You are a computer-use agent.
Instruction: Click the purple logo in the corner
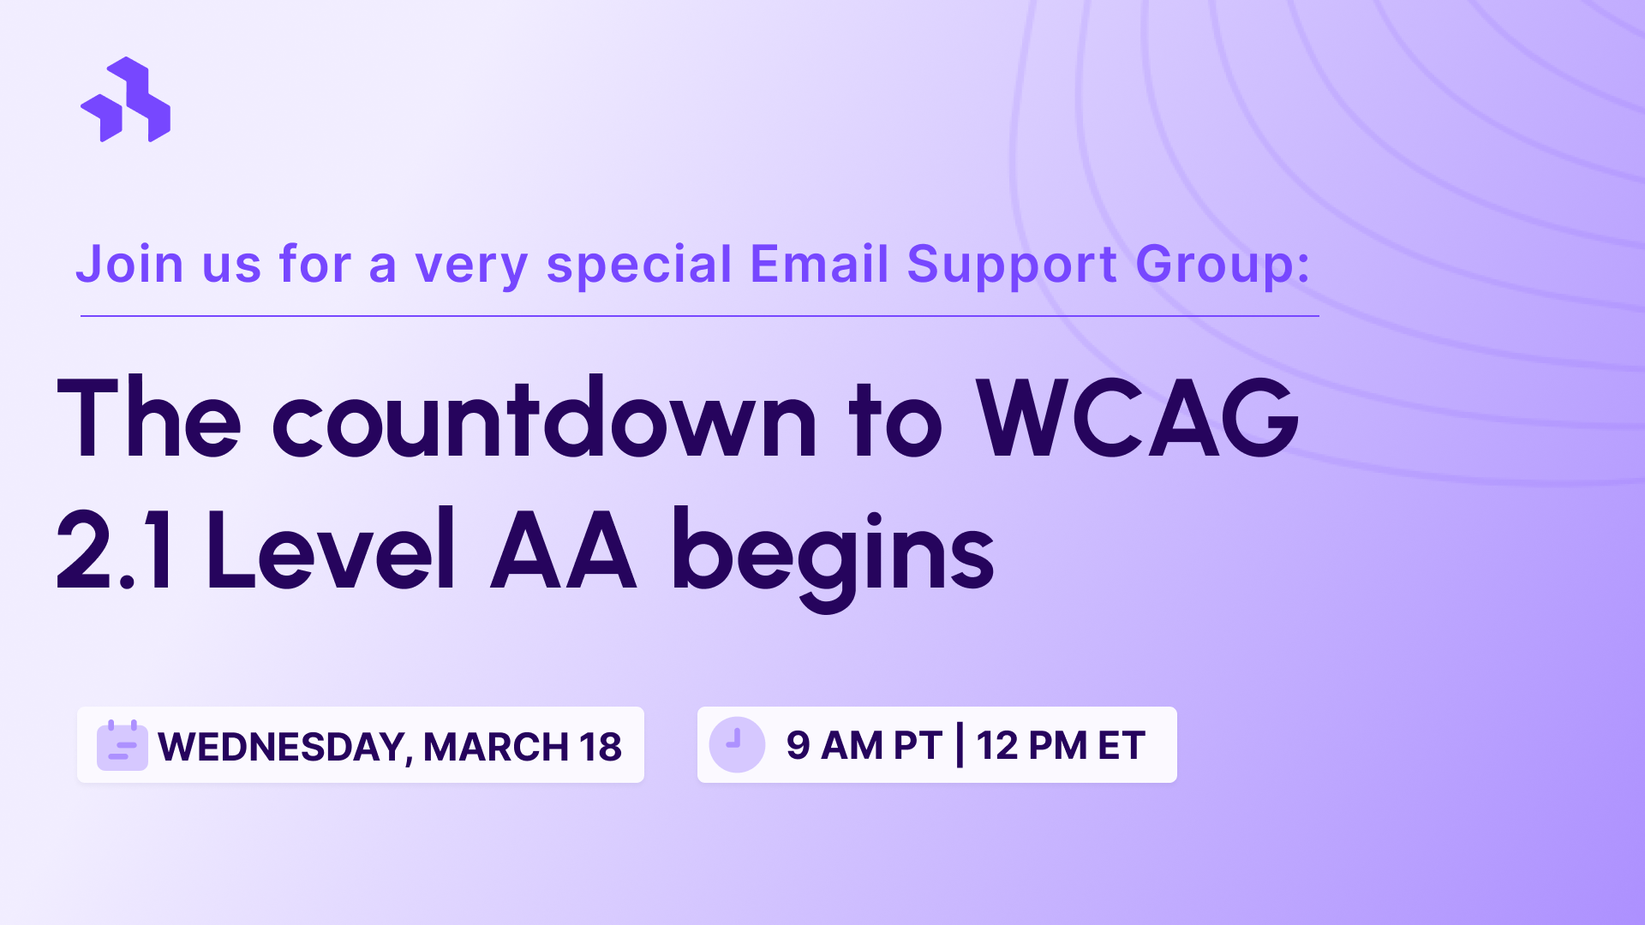pos(126,100)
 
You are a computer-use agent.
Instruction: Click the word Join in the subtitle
pos(129,265)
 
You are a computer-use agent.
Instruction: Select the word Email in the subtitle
pos(819,265)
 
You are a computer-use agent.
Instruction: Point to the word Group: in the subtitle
pos(1223,265)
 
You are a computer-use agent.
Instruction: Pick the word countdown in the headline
pos(544,420)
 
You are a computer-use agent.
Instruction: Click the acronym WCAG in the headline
pos(1138,420)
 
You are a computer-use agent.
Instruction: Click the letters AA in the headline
pos(563,551)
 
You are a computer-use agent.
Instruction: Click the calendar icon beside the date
pos(122,745)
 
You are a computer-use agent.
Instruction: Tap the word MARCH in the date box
pos(495,747)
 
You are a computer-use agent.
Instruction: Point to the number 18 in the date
pos(600,747)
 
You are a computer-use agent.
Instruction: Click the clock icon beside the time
pos(736,744)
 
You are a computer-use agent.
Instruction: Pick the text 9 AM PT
pos(864,745)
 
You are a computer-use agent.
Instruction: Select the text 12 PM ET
pos(1060,745)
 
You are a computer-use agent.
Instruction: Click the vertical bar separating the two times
pos(960,745)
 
